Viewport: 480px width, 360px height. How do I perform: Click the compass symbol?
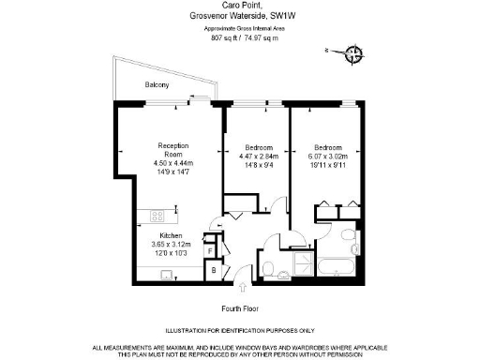point(354,53)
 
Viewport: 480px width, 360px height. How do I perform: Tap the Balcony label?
point(157,86)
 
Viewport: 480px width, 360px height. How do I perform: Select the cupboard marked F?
point(211,250)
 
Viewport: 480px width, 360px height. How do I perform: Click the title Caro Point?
point(240,7)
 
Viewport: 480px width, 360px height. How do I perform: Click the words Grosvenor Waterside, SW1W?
point(240,17)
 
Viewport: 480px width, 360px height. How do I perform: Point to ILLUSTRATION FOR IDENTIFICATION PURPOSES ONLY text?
point(239,331)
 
